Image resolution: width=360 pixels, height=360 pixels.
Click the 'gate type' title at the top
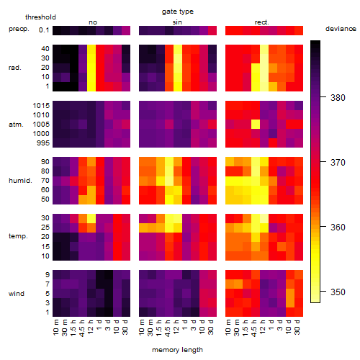point(178,12)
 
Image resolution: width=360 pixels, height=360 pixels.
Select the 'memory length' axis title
point(178,350)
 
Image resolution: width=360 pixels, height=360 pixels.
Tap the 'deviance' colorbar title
point(341,29)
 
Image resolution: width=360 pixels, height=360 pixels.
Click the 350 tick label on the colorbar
point(338,292)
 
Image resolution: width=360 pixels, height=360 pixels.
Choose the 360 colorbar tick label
point(338,227)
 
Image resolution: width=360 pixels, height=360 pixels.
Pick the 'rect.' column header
point(262,22)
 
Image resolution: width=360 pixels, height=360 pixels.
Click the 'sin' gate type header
point(177,22)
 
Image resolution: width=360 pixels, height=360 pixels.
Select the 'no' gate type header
point(93,22)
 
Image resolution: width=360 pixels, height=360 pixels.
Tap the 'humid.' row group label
point(20,181)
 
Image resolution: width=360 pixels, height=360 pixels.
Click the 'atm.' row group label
point(16,125)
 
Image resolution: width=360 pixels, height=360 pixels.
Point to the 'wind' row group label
point(17,294)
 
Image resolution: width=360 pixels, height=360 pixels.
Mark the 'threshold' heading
point(40,17)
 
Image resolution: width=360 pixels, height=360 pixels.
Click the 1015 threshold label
point(41,106)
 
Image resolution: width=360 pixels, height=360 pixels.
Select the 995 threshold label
point(43,143)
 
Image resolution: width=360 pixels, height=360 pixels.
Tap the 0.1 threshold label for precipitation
point(44,30)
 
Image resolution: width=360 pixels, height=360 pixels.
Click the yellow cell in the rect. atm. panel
point(256,125)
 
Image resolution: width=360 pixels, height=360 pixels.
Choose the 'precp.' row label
point(19,29)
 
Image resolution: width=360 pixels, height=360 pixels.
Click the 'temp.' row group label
point(18,236)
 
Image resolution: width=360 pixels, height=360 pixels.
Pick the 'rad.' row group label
point(15,68)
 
